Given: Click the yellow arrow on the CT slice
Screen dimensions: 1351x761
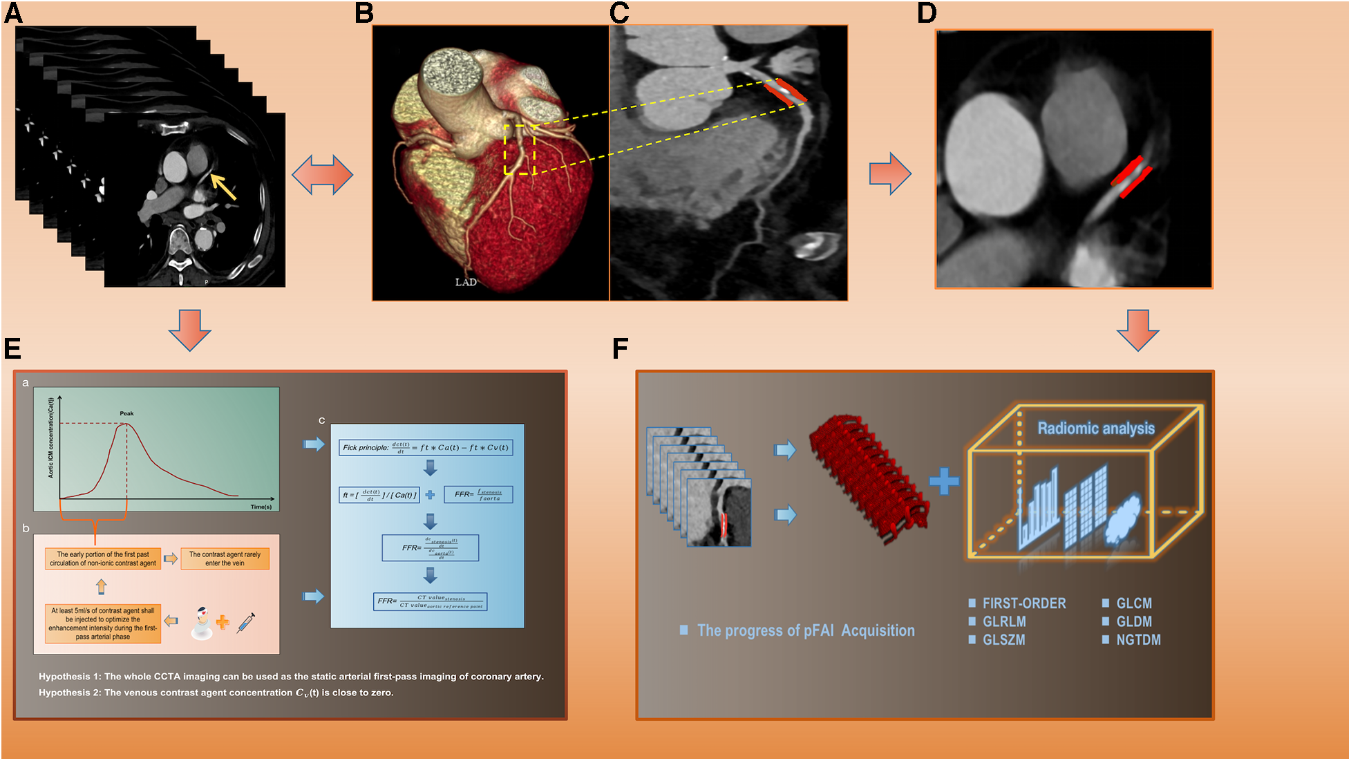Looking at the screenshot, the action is pos(223,187).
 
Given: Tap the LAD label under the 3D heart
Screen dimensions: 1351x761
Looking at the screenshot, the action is pos(466,282).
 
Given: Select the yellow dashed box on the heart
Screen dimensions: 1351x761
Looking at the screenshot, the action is pos(520,150).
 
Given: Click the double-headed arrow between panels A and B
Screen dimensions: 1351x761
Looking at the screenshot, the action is pos(322,174).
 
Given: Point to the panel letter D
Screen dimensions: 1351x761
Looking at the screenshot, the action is pos(927,13).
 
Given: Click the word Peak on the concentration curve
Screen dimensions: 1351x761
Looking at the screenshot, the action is pos(126,413).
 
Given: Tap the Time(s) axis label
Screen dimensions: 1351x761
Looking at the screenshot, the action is pos(261,507).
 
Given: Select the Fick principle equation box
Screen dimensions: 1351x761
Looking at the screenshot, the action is pos(426,447).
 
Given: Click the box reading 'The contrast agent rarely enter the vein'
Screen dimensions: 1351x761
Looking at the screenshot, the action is pos(225,558).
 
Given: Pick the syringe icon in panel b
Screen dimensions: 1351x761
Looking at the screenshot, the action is pos(246,622).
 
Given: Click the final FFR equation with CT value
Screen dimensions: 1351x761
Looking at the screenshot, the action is pos(431,601).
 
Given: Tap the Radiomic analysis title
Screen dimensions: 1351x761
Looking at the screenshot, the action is pos(1096,429).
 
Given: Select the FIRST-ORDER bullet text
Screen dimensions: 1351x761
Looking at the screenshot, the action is pos(1023,603).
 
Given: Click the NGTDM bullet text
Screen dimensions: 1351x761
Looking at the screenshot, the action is pos(1137,640).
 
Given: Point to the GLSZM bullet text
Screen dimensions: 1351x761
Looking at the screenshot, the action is pos(1003,640).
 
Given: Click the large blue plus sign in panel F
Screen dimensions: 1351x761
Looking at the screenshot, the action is pos(943,482).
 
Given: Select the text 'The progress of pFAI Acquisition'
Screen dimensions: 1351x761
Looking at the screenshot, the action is pos(805,630).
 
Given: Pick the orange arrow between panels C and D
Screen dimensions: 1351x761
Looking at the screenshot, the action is pos(890,173).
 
